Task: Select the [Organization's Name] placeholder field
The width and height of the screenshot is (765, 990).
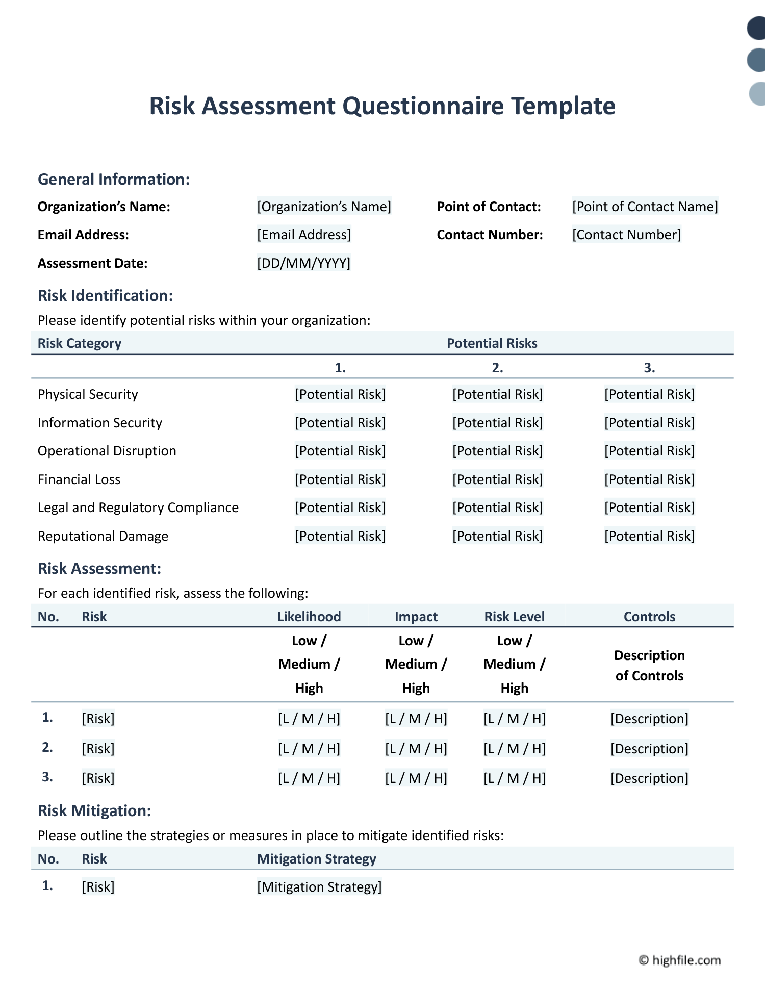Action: click(324, 207)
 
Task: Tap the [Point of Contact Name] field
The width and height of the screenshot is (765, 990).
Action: click(645, 207)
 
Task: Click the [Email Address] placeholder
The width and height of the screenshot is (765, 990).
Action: click(304, 235)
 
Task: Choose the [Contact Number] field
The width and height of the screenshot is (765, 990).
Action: click(626, 235)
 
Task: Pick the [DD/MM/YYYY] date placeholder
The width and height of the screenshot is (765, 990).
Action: click(303, 263)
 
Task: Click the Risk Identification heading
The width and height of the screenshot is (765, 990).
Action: click(106, 296)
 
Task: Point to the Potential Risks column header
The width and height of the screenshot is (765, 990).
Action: click(492, 343)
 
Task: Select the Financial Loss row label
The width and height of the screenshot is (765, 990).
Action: click(79, 479)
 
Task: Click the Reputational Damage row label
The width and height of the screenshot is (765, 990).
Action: click(103, 536)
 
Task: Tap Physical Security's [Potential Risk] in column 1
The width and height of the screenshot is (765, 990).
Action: click(340, 394)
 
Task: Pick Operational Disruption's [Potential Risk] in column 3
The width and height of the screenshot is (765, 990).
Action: click(649, 451)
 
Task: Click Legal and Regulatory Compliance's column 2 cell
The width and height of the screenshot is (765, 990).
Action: click(497, 507)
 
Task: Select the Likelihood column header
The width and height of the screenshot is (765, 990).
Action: click(309, 617)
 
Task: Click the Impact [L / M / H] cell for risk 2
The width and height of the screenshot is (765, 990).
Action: click(416, 749)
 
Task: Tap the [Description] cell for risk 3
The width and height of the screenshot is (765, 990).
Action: click(649, 778)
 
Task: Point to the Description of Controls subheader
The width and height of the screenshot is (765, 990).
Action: click(649, 666)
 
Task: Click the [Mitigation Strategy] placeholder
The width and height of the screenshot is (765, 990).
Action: click(319, 887)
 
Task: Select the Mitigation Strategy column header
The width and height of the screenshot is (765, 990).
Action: click(316, 859)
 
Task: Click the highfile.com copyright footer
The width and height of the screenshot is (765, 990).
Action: click(680, 960)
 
